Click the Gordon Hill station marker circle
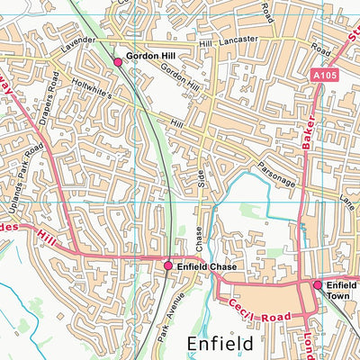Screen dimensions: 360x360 [x=117, y=61]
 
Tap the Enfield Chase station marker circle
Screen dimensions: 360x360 [x=168, y=265]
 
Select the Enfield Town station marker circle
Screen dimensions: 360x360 [x=317, y=284]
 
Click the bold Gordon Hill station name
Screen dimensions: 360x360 [x=149, y=56]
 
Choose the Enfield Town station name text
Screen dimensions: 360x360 [x=341, y=290]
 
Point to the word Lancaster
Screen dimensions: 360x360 [x=237, y=40]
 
